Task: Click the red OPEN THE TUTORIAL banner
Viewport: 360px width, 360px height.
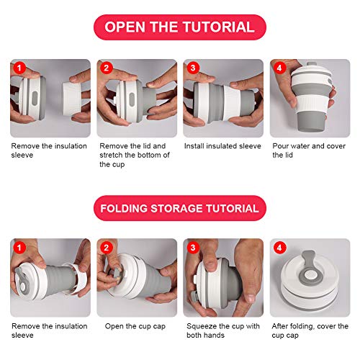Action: [x=180, y=27]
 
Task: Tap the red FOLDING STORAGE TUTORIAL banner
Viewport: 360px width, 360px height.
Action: [x=180, y=208]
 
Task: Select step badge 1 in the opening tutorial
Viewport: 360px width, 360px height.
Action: [x=19, y=68]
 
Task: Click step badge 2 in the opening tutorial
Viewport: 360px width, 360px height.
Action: [x=107, y=68]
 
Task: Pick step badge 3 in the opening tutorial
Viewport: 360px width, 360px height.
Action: [x=193, y=68]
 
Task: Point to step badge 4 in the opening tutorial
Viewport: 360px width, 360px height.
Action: [x=279, y=68]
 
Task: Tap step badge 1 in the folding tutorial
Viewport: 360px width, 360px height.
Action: [x=19, y=248]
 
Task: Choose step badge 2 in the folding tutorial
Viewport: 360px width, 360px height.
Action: [x=107, y=248]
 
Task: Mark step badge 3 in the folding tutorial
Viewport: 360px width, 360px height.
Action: [x=193, y=248]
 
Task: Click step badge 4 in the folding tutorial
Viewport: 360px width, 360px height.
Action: [x=279, y=248]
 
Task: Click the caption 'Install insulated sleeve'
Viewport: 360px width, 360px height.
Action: [x=222, y=146]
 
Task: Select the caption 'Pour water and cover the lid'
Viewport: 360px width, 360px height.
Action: [x=309, y=150]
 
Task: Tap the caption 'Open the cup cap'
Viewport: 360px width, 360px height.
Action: [x=135, y=326]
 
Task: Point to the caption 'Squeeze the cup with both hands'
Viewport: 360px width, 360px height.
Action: [x=223, y=330]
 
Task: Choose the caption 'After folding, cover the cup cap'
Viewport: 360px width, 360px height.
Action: [x=310, y=330]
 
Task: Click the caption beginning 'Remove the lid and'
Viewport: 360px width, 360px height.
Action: [x=135, y=155]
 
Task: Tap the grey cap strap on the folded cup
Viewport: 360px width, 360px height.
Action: [x=309, y=269]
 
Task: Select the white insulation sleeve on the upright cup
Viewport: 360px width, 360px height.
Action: [x=312, y=104]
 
